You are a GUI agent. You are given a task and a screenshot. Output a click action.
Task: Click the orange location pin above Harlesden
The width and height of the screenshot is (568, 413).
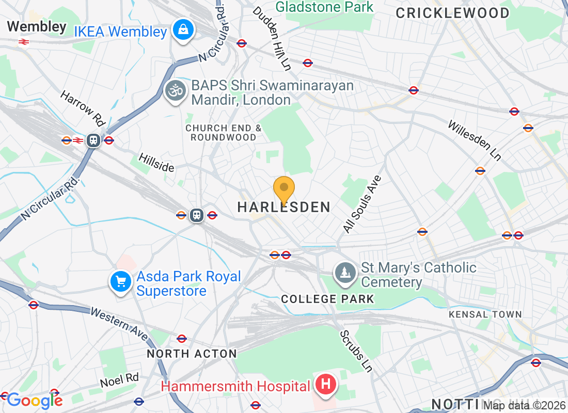[x=283, y=190]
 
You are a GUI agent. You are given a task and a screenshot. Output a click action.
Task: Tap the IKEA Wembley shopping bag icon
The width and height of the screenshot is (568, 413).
[x=183, y=30]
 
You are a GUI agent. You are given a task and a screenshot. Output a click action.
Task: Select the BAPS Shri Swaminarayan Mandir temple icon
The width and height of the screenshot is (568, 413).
[x=176, y=91]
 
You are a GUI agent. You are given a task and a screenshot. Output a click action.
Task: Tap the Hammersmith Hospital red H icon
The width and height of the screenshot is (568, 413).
[x=326, y=385]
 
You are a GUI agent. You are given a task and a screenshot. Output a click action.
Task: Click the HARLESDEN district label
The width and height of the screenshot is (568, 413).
[x=283, y=208]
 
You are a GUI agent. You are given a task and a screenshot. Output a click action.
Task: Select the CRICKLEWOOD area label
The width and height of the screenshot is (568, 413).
[x=453, y=13]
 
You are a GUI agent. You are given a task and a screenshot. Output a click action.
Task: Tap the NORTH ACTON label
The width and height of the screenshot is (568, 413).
[x=192, y=354]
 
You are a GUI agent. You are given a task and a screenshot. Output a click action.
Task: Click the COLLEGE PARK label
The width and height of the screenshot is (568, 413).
[x=327, y=299]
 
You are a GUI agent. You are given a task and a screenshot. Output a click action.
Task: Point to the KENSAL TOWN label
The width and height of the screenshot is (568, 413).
[x=485, y=314]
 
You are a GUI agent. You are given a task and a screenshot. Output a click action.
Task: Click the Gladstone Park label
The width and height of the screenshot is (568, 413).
[x=324, y=7]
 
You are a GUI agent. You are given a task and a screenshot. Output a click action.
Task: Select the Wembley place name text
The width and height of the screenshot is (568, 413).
[x=37, y=27]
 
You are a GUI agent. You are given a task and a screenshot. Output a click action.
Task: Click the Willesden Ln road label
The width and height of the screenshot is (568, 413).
[x=475, y=140]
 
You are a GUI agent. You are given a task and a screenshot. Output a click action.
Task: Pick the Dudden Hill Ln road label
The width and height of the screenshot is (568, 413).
[x=272, y=38]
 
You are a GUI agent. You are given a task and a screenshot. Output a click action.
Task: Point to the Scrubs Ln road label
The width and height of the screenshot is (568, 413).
[x=356, y=351]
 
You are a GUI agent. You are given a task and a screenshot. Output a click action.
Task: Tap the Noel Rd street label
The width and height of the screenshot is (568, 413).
[x=119, y=380]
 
